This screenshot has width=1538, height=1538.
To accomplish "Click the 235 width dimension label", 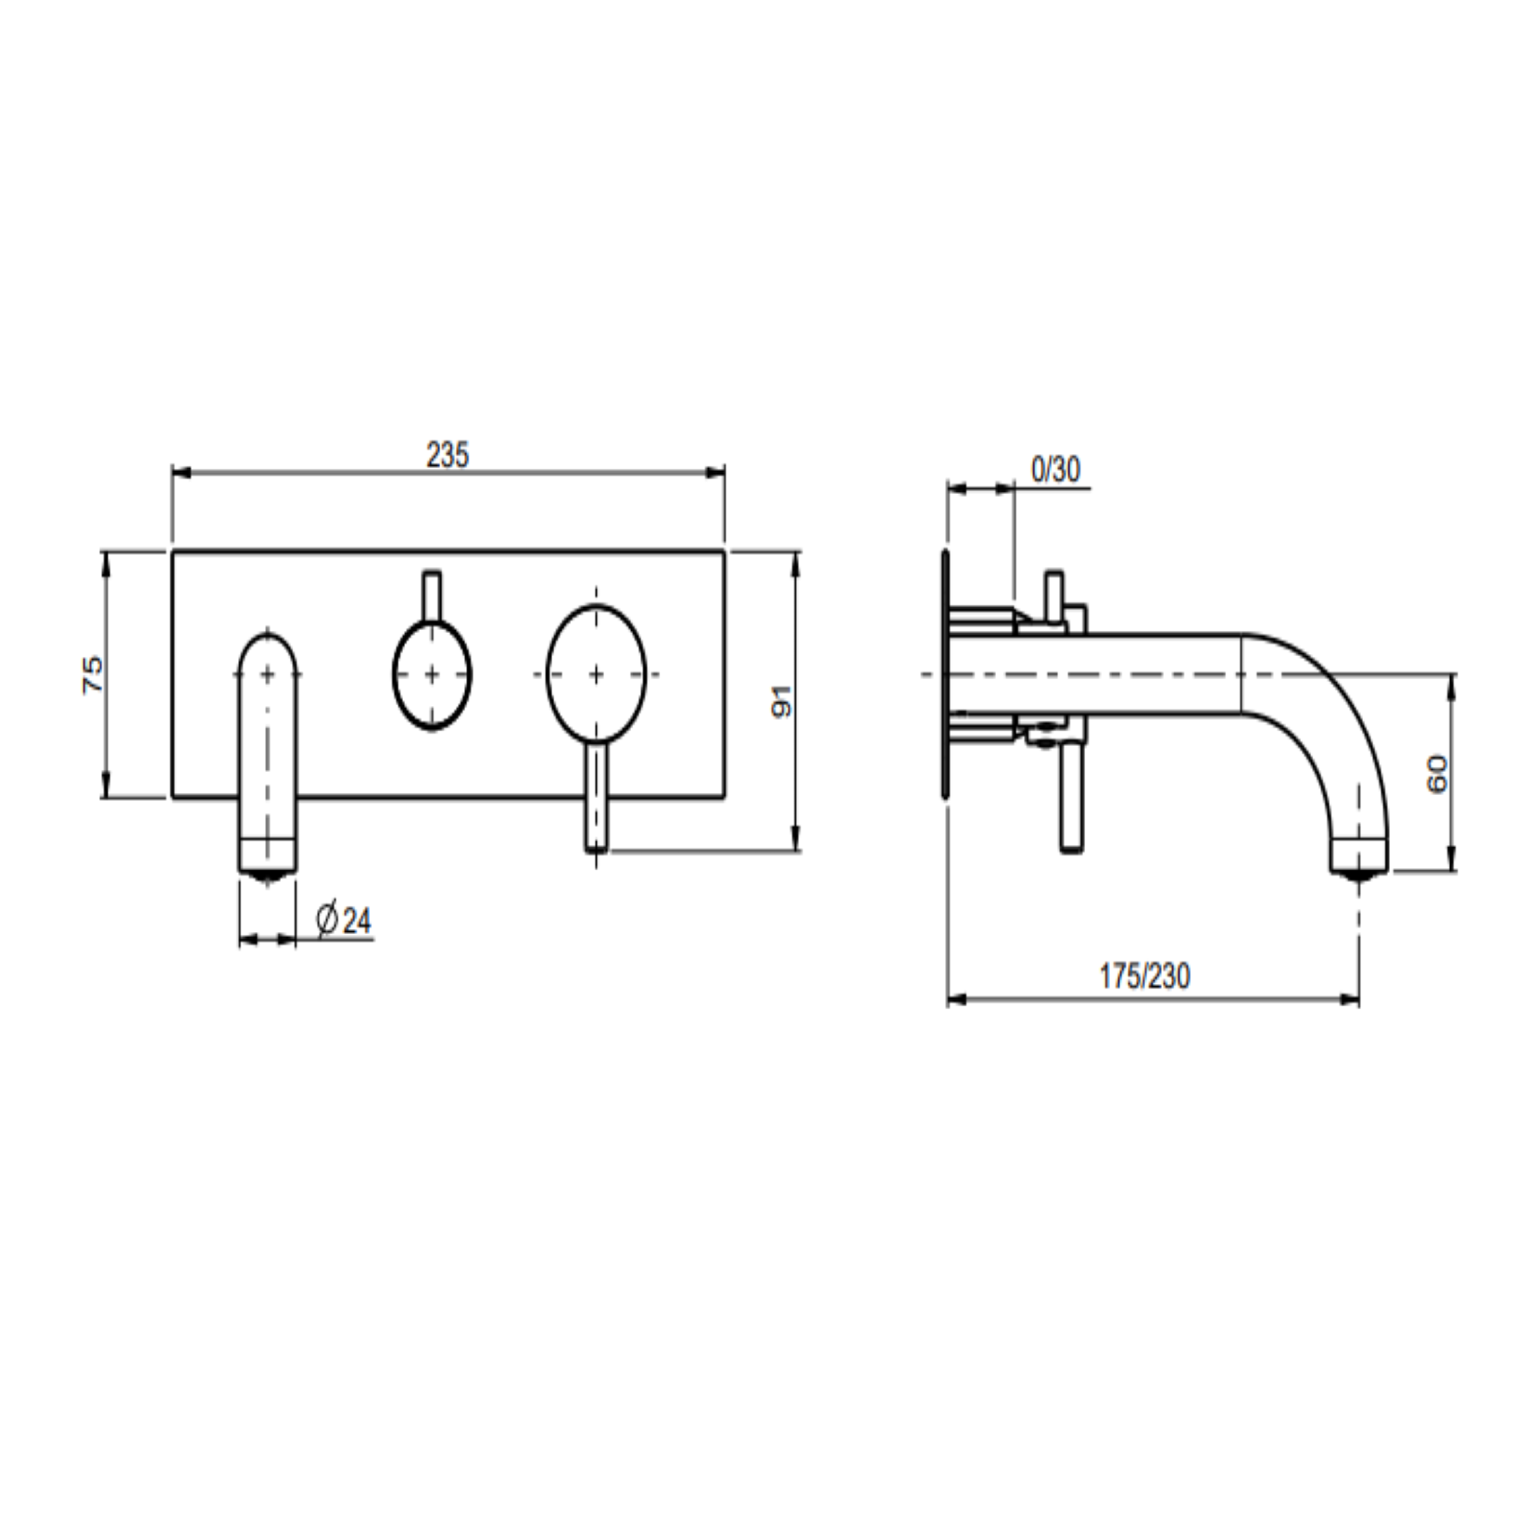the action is [448, 455].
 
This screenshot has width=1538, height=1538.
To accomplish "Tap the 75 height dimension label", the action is [94, 674].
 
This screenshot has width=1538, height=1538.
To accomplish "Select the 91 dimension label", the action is [783, 700].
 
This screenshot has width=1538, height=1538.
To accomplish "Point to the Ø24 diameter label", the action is [344, 920].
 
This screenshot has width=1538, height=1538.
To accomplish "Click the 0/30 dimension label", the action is [1055, 470].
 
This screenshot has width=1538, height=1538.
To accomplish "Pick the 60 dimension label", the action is [1437, 774].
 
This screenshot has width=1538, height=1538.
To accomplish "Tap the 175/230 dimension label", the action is [1145, 976].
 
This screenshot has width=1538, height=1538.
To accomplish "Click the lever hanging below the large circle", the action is [597, 797].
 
